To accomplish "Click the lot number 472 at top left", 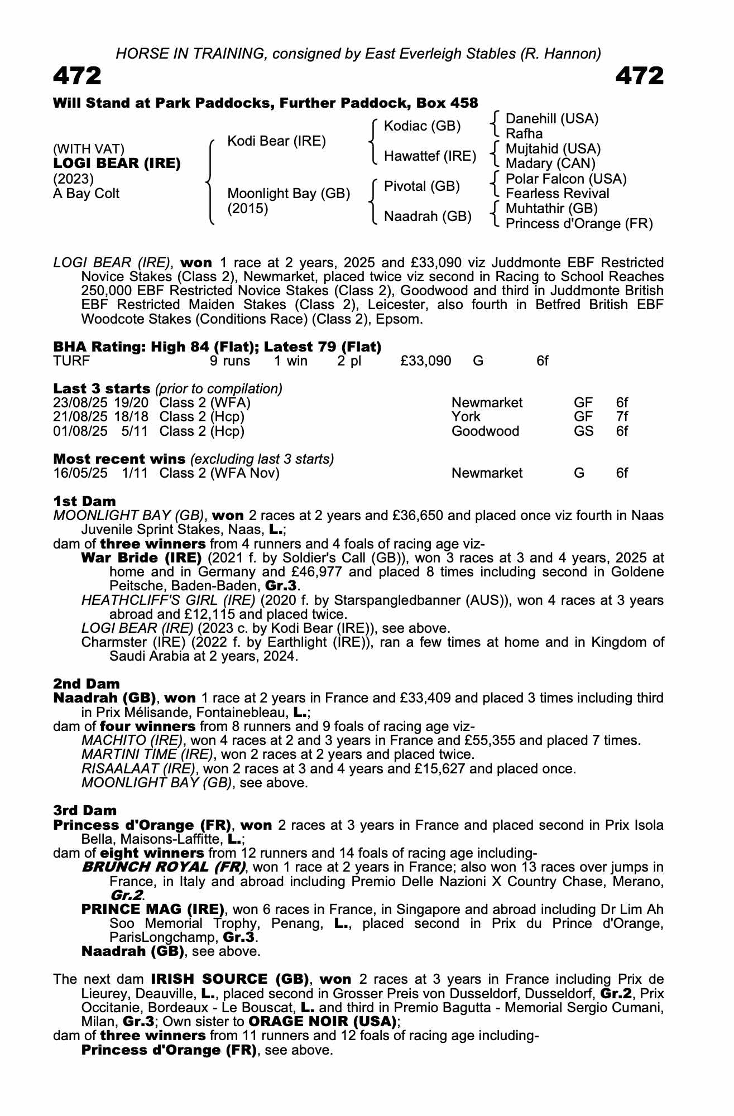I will point(77,76).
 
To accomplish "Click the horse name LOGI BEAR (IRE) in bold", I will point(117,164).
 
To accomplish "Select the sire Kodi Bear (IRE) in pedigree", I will point(276,141).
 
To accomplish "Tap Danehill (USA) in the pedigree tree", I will point(551,119).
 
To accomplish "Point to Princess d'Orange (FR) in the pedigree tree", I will point(579,224).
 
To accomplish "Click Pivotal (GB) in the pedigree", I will point(422,186).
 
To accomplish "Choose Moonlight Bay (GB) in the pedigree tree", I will point(289,194).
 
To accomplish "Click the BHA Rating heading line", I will point(217,347).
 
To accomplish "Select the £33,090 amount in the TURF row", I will point(425,361).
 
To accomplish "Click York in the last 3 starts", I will point(466,417).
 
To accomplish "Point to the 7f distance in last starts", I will point(622,417).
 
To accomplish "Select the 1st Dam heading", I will point(84,501).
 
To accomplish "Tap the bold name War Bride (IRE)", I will point(141,558).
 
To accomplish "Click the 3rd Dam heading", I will point(85,810).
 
